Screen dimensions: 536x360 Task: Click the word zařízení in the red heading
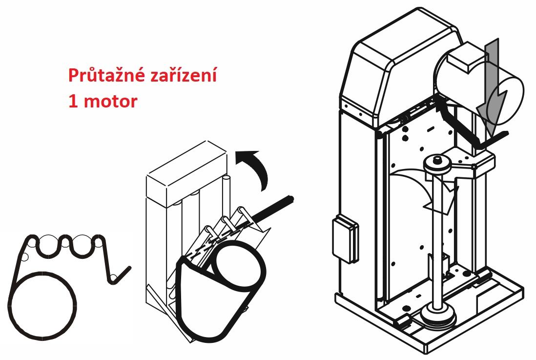point(183,75)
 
